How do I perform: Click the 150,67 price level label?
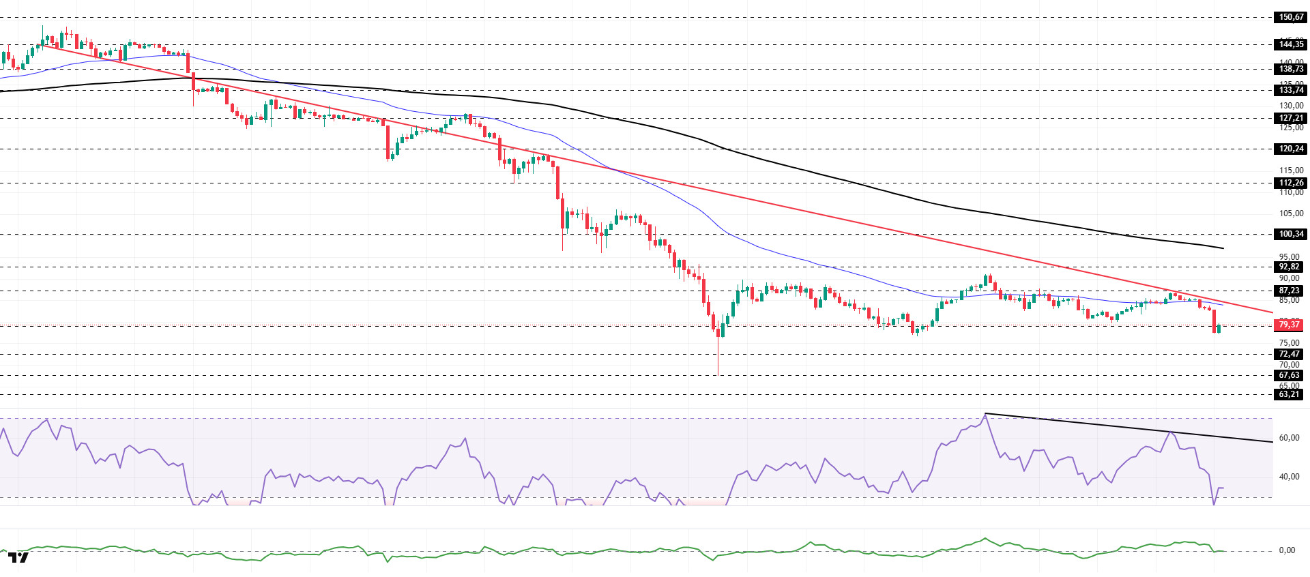1290,17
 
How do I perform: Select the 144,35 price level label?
1290,44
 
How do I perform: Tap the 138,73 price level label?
1290,69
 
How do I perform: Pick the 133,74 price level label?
1290,90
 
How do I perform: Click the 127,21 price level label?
1290,118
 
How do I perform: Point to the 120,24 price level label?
1290,149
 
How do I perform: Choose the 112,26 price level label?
1290,183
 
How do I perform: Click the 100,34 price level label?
1290,234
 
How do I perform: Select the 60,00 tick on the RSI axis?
1288,438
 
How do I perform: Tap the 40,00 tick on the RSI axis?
1288,477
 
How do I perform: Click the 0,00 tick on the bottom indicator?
1286,550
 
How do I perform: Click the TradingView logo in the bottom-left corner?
18,558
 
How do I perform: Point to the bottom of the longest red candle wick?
718,374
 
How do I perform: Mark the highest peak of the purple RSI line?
985,414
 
